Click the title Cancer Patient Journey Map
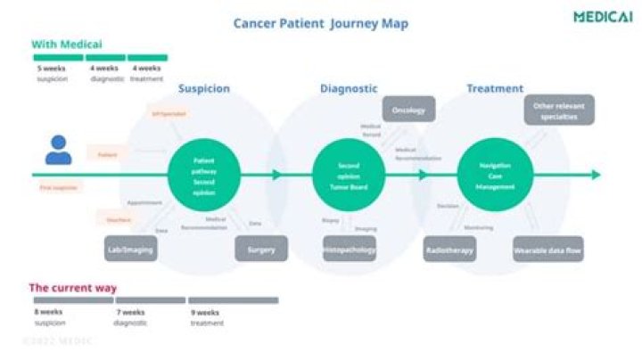click(321, 23)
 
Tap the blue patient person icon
click(59, 150)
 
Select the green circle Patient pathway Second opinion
click(204, 174)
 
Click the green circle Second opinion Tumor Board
click(349, 174)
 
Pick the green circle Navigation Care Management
click(493, 174)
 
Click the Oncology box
click(409, 110)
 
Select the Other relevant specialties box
click(559, 110)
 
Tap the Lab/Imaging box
click(130, 250)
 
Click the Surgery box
click(261, 250)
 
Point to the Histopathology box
click(350, 250)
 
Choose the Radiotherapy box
click(449, 250)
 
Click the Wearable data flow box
click(547, 250)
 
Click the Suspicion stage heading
click(204, 89)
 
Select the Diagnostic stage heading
click(349, 89)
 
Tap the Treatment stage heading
click(495, 89)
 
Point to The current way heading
click(73, 288)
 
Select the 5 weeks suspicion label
click(53, 72)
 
